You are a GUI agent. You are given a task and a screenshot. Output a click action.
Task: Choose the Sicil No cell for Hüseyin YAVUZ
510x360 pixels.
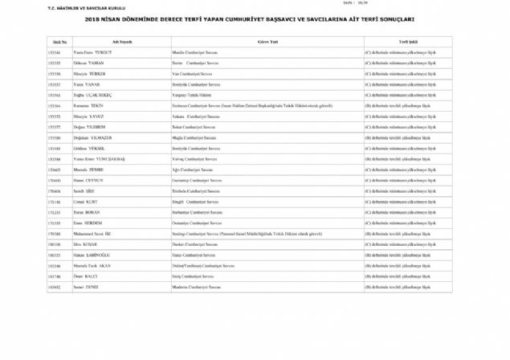pos(55,116)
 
